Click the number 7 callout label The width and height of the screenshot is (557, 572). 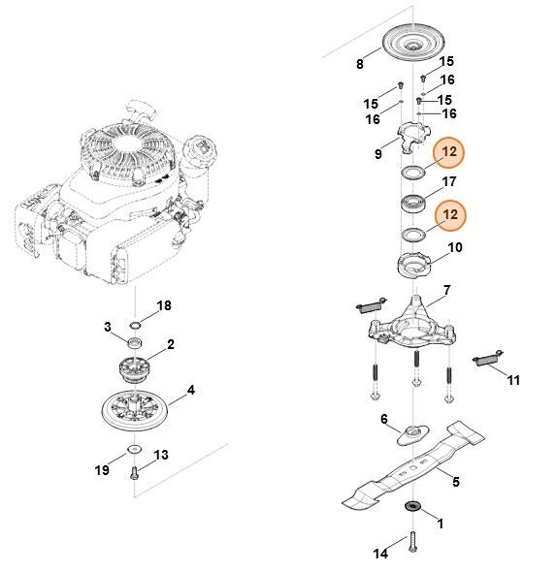[447, 291]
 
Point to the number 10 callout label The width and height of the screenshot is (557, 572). [454, 247]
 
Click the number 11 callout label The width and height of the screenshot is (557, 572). [512, 379]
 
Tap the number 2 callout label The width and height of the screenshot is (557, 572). [170, 343]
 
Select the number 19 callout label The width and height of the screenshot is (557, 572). [103, 470]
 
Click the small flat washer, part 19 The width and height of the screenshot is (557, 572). [135, 450]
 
